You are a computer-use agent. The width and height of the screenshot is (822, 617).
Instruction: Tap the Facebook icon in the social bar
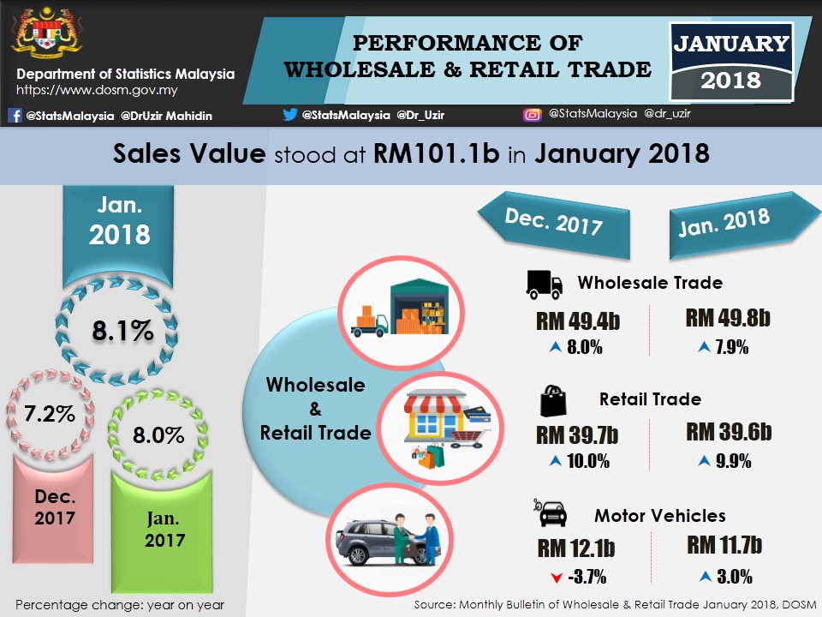(15, 116)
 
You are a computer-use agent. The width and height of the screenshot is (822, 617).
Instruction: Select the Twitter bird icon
(290, 114)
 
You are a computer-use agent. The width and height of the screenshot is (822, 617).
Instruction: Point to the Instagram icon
(532, 114)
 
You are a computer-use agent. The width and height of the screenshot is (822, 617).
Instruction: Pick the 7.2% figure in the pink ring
(51, 415)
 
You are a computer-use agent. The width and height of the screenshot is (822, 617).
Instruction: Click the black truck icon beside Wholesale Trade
(545, 285)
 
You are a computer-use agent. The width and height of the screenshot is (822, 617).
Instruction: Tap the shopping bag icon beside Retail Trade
(552, 399)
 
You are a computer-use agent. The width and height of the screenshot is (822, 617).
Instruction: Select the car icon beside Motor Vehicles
(551, 513)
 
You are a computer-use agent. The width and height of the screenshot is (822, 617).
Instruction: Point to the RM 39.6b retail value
(729, 433)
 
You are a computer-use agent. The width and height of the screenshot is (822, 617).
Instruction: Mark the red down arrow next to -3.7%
(557, 573)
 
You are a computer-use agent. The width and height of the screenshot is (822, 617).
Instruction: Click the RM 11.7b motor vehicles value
(724, 545)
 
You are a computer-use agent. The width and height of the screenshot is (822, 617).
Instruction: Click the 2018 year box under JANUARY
(730, 81)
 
